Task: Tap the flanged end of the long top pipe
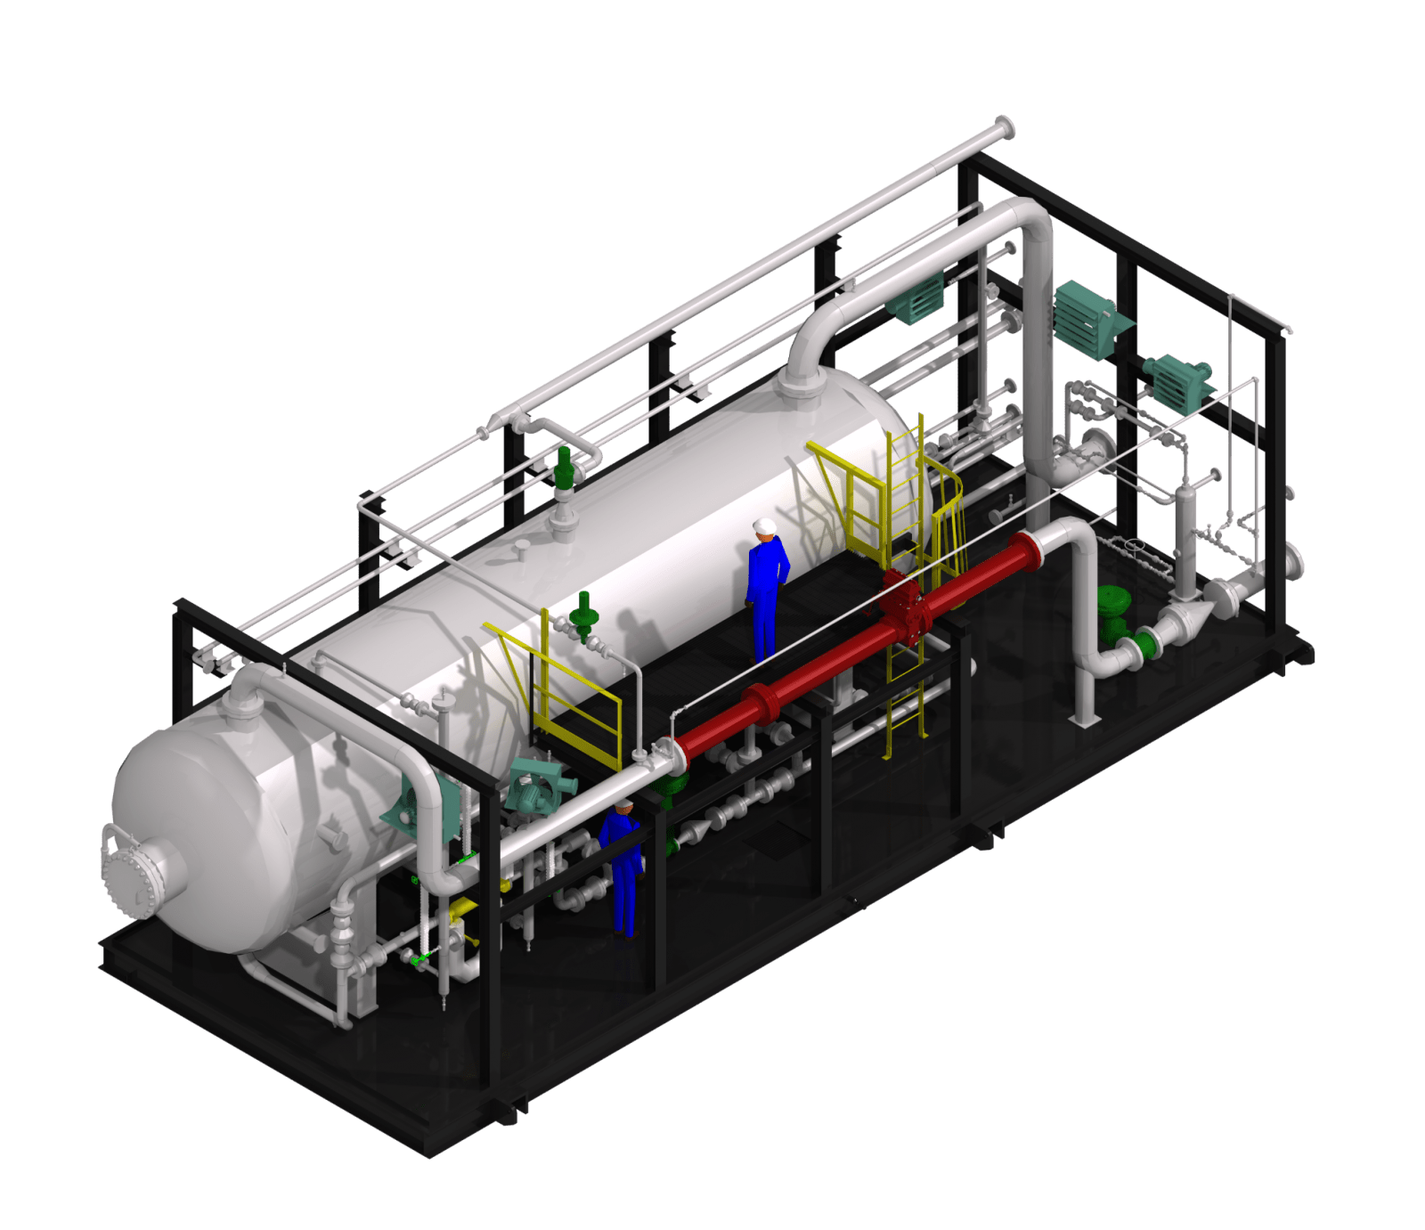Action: pos(1005,129)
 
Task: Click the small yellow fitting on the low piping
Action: pos(460,909)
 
